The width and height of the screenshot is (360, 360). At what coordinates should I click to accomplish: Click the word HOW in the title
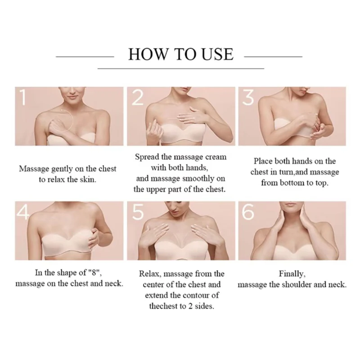coord(148,54)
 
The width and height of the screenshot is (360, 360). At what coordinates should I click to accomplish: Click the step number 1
coord(22,97)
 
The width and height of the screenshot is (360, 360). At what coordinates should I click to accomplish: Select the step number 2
coord(138,97)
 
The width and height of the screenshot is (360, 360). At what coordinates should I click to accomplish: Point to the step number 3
coord(248,97)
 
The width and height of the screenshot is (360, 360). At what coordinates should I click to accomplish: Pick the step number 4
coord(23,211)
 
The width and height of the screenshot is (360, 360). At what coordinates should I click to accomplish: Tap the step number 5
coord(138,211)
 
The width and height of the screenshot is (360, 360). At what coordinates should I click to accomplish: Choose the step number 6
coord(248,211)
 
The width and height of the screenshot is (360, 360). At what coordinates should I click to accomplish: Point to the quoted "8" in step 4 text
coord(95,273)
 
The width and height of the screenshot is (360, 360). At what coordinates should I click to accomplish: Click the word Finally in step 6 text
coord(292,274)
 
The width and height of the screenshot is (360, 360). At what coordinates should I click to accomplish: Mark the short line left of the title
coord(85,56)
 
